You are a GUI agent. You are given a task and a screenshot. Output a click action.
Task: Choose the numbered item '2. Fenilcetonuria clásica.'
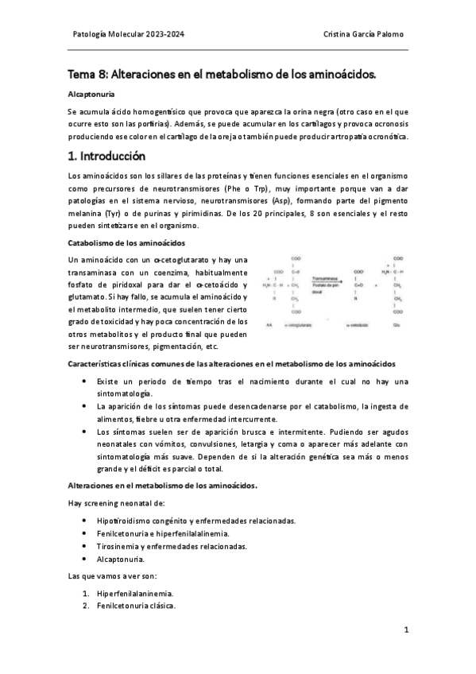130,606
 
